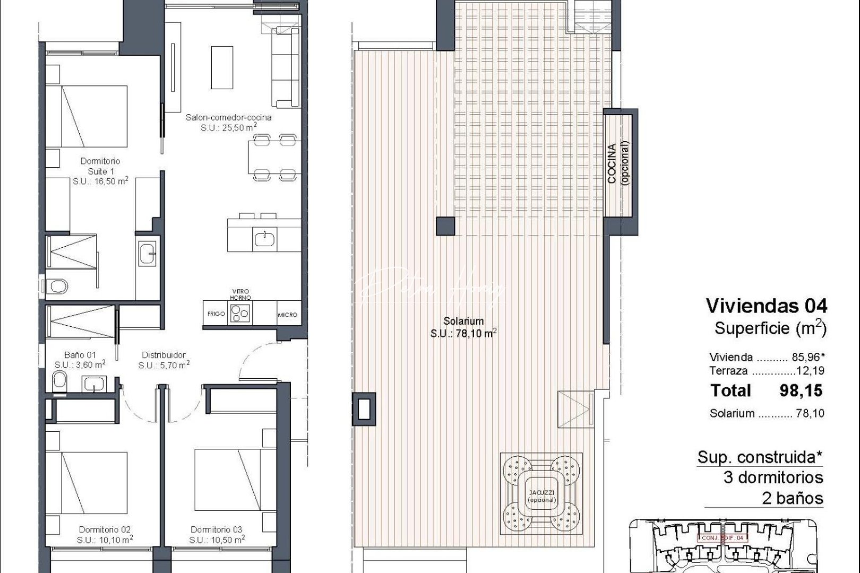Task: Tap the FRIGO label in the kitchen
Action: pos(216,314)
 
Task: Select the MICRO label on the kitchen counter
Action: pos(287,315)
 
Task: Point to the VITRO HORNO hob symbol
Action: pos(241,313)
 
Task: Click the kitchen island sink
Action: pos(263,239)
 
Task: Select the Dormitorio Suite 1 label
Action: pos(100,166)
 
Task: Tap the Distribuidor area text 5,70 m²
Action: pos(164,365)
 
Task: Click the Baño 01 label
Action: pos(80,355)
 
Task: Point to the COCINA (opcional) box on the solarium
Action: pos(620,164)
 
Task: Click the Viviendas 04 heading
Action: pos(766,306)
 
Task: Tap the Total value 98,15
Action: pos(801,390)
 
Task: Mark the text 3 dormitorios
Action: pos(773,477)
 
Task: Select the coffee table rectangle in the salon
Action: pos(222,67)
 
